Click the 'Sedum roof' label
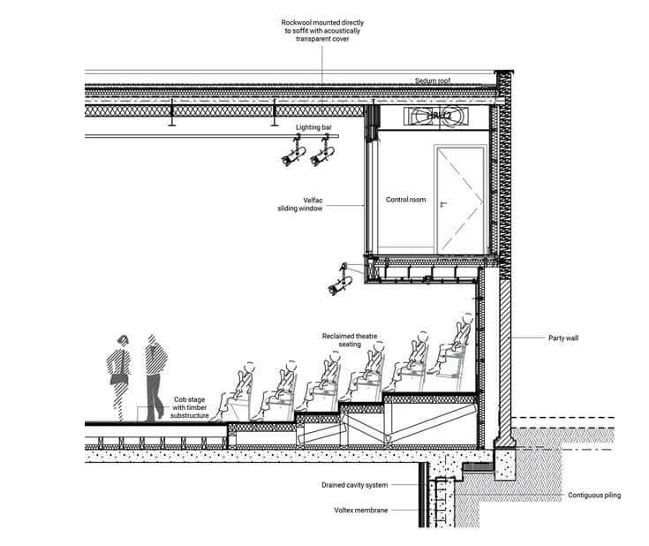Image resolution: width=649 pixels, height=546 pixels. click(x=434, y=81)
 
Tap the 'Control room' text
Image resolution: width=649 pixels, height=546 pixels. click(x=405, y=200)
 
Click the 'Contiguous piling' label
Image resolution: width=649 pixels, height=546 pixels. click(x=593, y=495)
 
